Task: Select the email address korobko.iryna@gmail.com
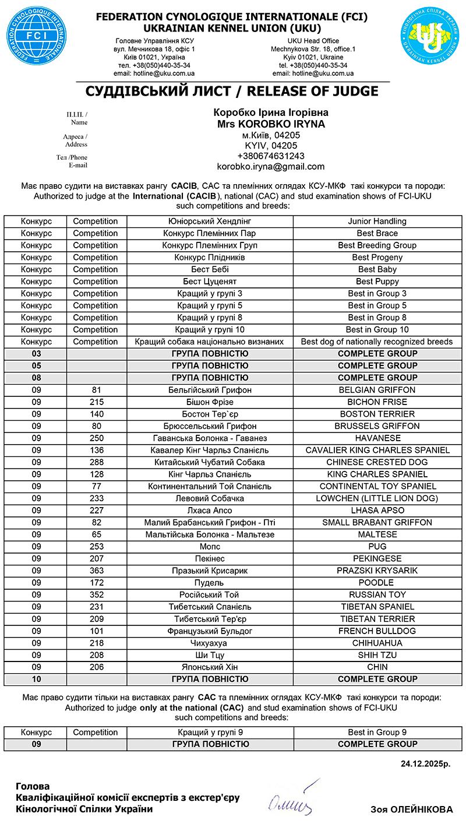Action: click(x=270, y=167)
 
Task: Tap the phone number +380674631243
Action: click(x=270, y=156)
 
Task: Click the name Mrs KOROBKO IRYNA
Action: click(x=270, y=124)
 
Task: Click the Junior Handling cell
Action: click(x=377, y=221)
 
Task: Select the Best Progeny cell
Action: click(x=377, y=258)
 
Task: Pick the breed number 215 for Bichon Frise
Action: click(x=97, y=402)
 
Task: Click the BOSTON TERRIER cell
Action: click(x=377, y=414)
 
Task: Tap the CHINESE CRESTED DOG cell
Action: click(x=377, y=462)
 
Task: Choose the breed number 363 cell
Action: click(x=97, y=571)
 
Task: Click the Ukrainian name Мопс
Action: click(x=210, y=547)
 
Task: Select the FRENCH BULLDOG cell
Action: click(x=377, y=631)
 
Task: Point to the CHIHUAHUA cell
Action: click(x=377, y=643)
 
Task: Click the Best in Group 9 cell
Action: click(x=377, y=733)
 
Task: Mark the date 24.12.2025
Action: click(x=425, y=763)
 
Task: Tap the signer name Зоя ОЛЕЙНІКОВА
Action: click(x=411, y=810)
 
